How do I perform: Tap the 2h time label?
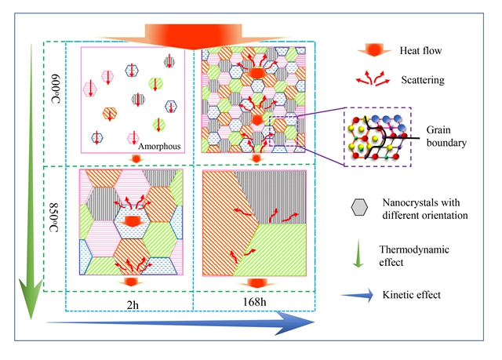click(x=133, y=300)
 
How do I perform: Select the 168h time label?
click(x=251, y=300)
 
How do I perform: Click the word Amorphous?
click(x=160, y=146)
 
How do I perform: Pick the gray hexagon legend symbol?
click(x=358, y=205)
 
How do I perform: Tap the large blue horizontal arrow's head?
click(x=310, y=319)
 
